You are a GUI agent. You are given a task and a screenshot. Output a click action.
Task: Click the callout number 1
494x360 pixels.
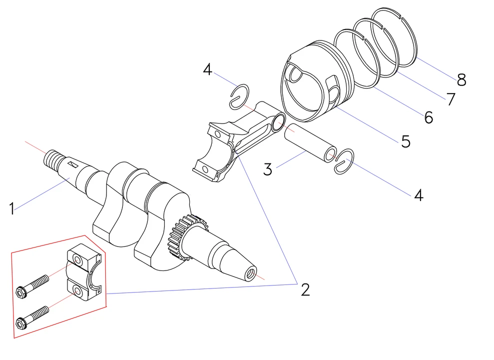point(11,208)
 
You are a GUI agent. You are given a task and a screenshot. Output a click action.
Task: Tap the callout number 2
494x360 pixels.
point(305,289)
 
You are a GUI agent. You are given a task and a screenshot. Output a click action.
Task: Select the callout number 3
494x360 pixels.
point(268,169)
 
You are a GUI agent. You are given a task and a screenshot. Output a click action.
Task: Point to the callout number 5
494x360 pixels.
point(405,141)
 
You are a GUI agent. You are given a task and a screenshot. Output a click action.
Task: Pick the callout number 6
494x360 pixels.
point(428,117)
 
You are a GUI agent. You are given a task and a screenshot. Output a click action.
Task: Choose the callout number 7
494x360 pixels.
point(451,99)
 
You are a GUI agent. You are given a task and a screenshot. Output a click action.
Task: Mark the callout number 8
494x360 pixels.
point(461,79)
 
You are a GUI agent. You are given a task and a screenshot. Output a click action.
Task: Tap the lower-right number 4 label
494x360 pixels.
point(419,195)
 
